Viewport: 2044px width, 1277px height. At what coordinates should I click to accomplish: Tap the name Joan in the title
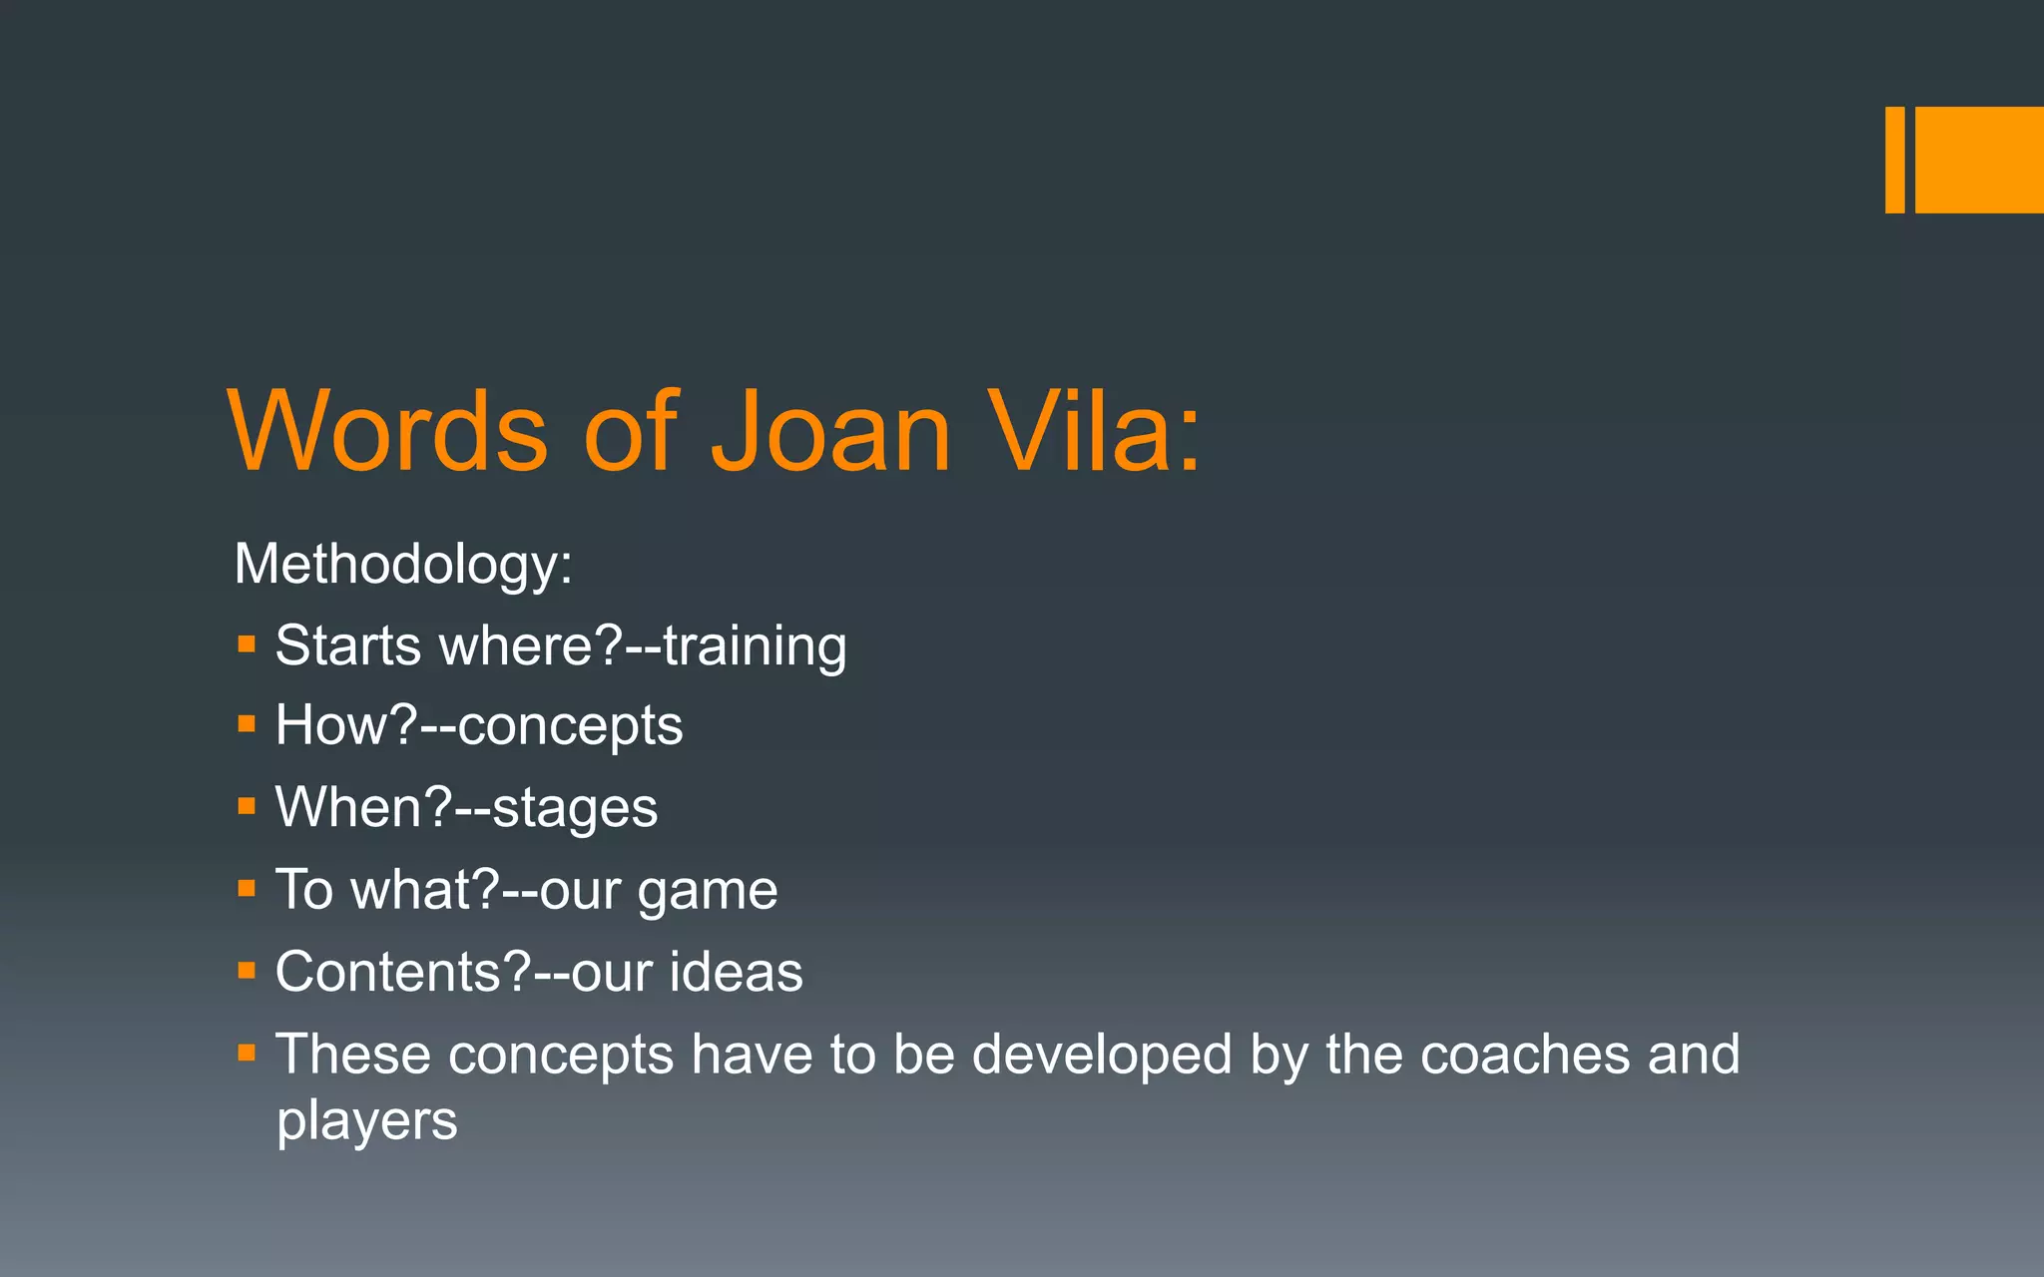click(x=830, y=431)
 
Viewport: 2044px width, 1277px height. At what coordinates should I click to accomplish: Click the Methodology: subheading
click(x=403, y=565)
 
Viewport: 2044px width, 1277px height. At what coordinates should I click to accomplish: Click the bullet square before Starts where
click(x=247, y=643)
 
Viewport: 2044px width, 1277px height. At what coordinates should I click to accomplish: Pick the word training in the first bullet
click(x=755, y=645)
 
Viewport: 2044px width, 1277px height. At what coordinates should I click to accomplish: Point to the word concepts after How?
click(x=570, y=726)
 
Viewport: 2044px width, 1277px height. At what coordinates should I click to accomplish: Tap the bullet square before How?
click(x=247, y=723)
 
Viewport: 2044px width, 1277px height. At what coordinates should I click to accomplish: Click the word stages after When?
click(x=575, y=808)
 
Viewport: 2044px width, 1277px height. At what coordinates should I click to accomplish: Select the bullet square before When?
click(x=247, y=805)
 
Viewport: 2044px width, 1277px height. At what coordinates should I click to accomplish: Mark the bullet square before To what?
click(x=247, y=887)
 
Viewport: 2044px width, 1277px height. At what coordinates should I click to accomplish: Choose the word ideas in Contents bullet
click(x=736, y=972)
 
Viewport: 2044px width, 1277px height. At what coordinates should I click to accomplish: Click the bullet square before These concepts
click(x=247, y=1052)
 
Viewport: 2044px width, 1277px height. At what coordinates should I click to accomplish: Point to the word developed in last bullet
click(x=1102, y=1055)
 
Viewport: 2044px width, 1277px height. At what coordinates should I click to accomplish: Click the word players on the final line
click(x=366, y=1121)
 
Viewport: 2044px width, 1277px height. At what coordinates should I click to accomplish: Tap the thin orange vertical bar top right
click(x=1894, y=160)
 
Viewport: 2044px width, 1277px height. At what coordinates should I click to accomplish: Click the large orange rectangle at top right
click(x=1979, y=160)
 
